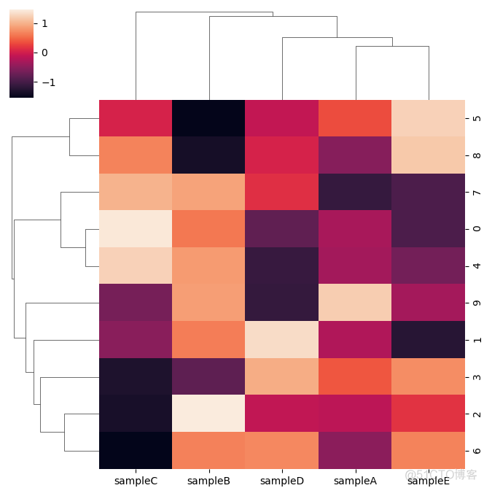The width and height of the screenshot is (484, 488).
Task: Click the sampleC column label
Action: [x=135, y=481]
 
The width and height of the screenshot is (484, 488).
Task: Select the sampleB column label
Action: [x=208, y=481]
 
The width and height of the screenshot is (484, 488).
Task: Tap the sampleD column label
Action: [x=282, y=481]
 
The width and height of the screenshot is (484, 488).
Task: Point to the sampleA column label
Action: [x=355, y=481]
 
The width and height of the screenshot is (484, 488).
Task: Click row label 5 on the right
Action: [x=476, y=118]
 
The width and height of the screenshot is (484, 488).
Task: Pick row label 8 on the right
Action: [x=476, y=155]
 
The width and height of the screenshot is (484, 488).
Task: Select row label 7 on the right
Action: [x=476, y=192]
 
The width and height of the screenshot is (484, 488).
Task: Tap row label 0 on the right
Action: [x=476, y=228]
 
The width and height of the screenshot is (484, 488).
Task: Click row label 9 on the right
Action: [x=476, y=302]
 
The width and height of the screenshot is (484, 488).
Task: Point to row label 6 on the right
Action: [x=476, y=450]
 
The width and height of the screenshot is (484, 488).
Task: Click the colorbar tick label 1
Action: [x=44, y=23]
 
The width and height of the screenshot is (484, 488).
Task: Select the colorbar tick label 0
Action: [x=44, y=53]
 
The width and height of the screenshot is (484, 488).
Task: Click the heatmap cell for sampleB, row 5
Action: [x=208, y=118]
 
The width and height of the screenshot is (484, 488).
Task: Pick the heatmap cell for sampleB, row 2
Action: [x=208, y=413]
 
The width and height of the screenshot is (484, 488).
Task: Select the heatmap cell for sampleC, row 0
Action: [x=135, y=228]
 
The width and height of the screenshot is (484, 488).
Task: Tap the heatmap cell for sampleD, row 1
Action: [x=282, y=339]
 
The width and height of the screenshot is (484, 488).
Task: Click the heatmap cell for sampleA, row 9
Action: [x=355, y=302]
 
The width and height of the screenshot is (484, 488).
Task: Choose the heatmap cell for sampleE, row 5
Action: [x=428, y=118]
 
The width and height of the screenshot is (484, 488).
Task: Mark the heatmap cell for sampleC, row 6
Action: [x=135, y=450]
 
